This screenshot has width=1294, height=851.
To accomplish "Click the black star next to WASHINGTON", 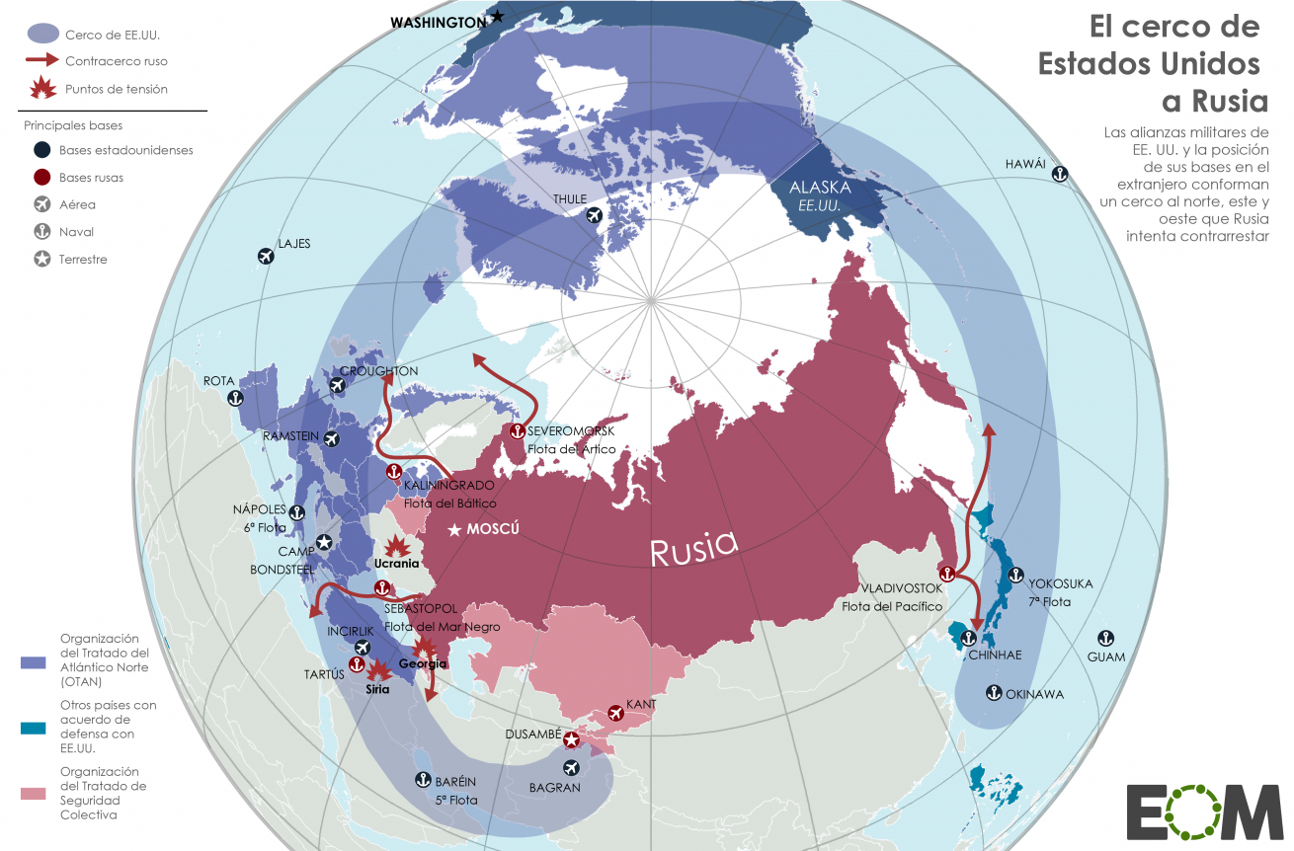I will (498, 17).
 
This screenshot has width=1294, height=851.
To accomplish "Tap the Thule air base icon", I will (594, 216).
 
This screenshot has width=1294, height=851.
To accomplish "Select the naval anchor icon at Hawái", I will (1059, 175).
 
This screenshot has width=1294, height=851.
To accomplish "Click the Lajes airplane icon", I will (265, 257).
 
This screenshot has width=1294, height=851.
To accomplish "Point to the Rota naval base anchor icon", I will (235, 398).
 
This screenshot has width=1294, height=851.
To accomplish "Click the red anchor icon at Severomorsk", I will (516, 431).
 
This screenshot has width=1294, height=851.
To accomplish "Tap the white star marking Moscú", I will (454, 530).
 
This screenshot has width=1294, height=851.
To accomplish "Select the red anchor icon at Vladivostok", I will (946, 573).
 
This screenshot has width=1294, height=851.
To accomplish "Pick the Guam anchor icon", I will (1106, 639).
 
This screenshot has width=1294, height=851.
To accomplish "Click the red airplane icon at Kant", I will (616, 713).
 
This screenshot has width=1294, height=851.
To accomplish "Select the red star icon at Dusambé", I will (571, 738).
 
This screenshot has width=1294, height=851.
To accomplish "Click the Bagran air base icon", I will (570, 768).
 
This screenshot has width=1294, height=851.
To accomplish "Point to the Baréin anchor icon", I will (421, 780).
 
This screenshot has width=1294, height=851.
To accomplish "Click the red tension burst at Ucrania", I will (397, 545).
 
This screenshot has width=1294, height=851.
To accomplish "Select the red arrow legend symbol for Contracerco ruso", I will (42, 61).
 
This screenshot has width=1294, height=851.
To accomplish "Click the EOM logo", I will (1203, 812).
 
